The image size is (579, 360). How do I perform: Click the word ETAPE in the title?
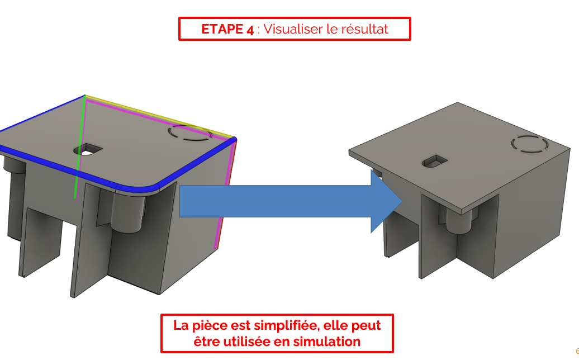(x=222, y=29)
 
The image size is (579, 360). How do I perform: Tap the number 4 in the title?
(x=250, y=30)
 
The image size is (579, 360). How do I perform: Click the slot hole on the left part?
(x=88, y=150)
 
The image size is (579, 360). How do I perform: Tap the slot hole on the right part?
(x=435, y=161)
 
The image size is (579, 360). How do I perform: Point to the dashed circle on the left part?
(x=190, y=132)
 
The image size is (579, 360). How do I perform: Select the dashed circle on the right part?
(x=529, y=144)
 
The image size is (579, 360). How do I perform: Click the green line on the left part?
(x=80, y=148)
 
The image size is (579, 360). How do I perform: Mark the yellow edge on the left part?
(x=159, y=117)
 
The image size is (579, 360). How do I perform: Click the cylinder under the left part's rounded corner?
(x=128, y=212)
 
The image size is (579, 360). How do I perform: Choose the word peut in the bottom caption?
(x=366, y=326)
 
